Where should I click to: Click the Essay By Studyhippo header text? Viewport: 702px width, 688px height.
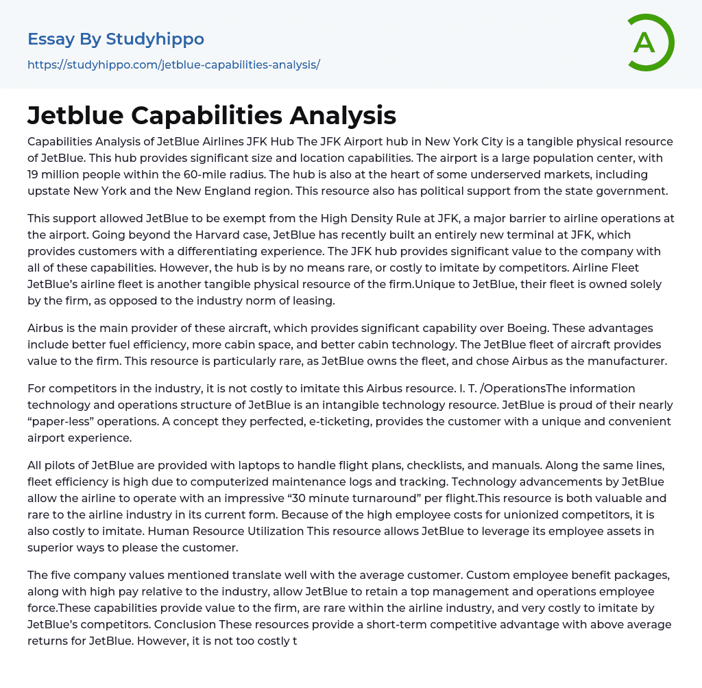point(116,39)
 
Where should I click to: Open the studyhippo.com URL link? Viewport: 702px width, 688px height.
point(173,65)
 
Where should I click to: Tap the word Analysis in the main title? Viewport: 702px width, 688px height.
point(343,116)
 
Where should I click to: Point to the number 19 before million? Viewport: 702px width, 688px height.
point(34,174)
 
